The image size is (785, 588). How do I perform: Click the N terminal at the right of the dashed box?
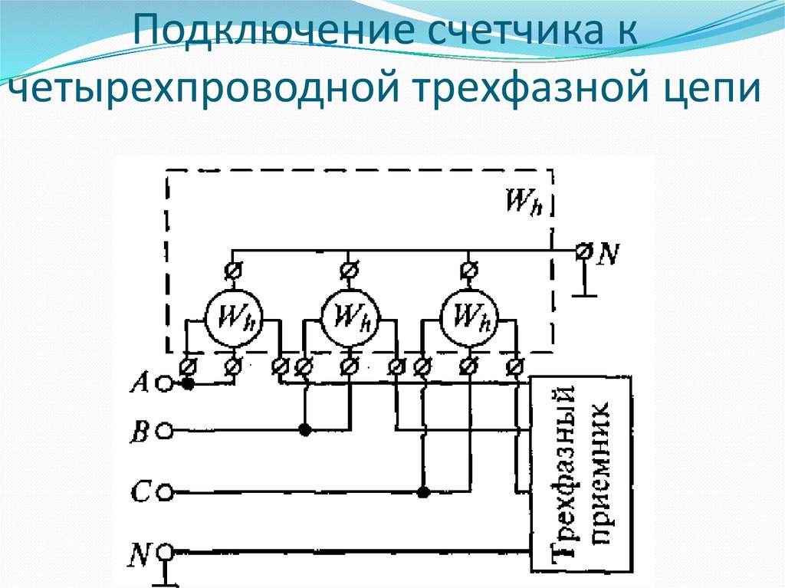pyautogui.click(x=584, y=251)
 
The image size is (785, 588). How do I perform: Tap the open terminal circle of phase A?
pyautogui.click(x=163, y=383)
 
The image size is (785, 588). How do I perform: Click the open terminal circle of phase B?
pyautogui.click(x=163, y=432)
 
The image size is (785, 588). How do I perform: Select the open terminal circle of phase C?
pyautogui.click(x=163, y=491)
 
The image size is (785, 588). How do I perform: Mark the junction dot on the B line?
pyautogui.click(x=305, y=431)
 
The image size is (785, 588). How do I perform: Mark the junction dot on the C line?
pyautogui.click(x=422, y=491)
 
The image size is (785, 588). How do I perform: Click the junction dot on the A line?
pyautogui.click(x=187, y=383)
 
